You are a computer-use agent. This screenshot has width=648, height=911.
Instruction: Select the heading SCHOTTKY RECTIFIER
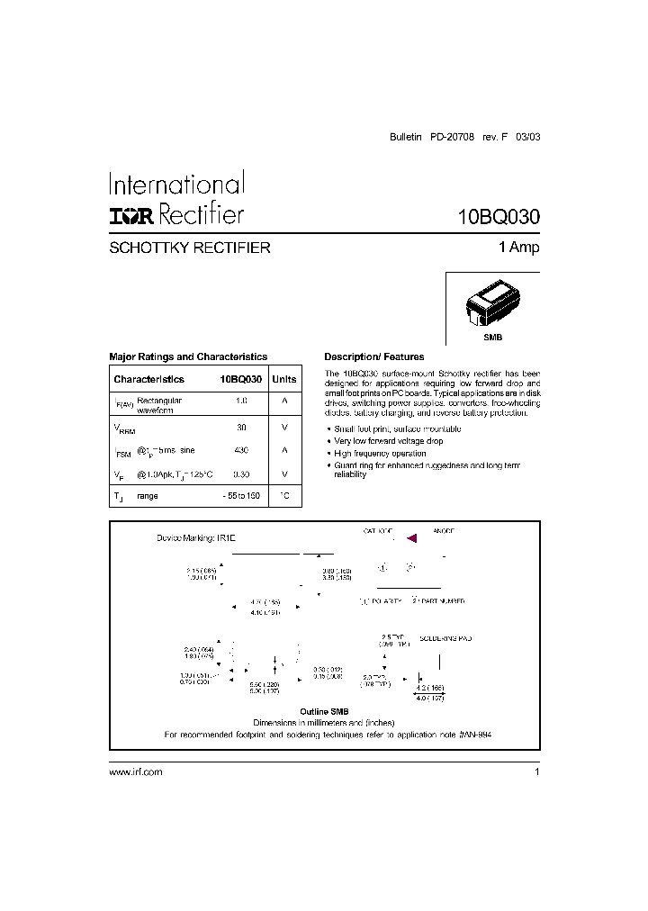(189, 248)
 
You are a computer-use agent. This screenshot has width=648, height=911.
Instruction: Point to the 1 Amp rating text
(518, 248)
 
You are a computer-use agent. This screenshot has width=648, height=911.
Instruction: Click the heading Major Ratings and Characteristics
(188, 356)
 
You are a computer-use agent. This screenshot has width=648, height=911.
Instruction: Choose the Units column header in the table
(283, 380)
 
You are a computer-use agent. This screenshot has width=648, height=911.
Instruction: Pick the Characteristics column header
(148, 380)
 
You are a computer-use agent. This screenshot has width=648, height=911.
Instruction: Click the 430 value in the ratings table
(241, 450)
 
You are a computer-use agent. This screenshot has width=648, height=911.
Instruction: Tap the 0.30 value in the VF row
(241, 474)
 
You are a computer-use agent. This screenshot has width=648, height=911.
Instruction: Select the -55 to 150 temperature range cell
(241, 496)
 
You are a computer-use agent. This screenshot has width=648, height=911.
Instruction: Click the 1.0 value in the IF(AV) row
(241, 400)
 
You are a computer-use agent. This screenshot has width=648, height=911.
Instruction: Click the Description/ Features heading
(373, 356)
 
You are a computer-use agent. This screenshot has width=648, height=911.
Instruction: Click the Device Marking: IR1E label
(196, 537)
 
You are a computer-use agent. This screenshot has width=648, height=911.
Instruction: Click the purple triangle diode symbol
(412, 538)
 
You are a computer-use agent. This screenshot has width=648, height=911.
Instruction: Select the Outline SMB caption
(325, 712)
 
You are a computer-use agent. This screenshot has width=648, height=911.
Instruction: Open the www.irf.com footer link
(136, 772)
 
